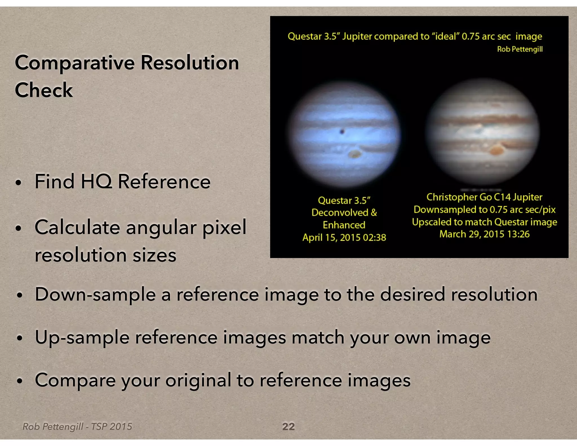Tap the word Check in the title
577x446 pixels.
pos(44,90)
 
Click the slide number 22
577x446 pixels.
pos(288,426)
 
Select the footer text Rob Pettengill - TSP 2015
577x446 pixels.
pos(77,427)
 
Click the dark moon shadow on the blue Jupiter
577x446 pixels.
pos(342,131)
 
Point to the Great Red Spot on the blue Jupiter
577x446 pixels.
pos(354,154)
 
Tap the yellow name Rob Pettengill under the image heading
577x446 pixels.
pos(520,49)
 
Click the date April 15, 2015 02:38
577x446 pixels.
pos(344,237)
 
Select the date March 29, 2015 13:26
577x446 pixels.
pos(484,234)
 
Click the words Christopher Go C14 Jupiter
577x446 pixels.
pos(484,197)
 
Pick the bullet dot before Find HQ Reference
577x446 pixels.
pos(19,183)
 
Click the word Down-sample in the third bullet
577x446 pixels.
pos(95,294)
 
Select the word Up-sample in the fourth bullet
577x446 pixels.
pos(82,337)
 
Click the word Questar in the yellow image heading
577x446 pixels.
pos(305,36)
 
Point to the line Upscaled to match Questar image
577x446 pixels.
pos(484,222)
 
